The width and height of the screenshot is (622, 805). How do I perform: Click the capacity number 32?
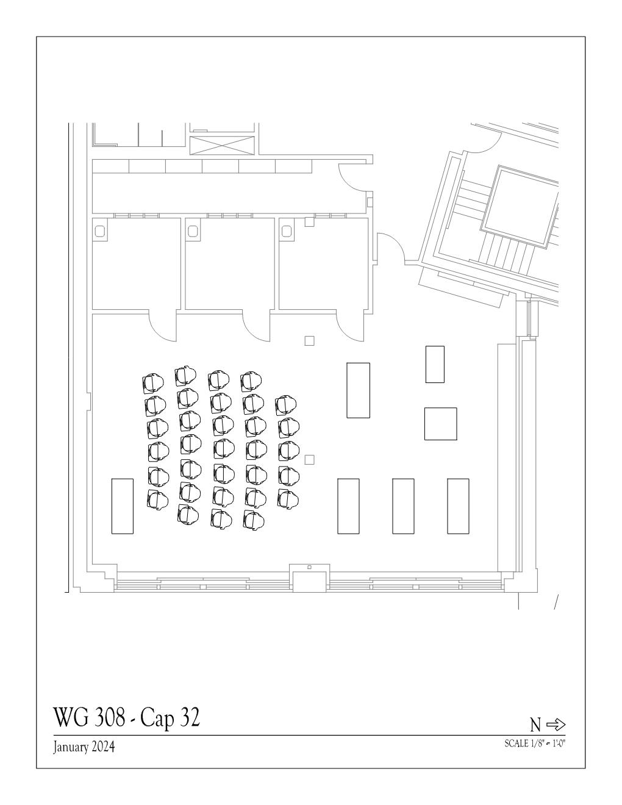click(x=190, y=717)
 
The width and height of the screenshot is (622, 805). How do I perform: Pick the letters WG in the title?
click(x=71, y=717)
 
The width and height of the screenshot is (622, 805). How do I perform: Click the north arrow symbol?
click(x=556, y=724)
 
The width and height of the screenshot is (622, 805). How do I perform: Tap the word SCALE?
click(x=517, y=743)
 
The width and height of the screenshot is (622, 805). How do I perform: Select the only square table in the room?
click(x=440, y=424)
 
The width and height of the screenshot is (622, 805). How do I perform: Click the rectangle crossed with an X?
click(x=223, y=145)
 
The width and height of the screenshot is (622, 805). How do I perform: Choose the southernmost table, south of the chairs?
click(x=122, y=506)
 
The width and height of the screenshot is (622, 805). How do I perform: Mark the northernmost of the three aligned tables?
click(x=458, y=506)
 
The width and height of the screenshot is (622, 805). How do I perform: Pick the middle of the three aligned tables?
click(x=403, y=506)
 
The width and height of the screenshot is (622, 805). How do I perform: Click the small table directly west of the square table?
click(x=435, y=364)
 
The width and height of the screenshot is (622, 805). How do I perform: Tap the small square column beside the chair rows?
click(x=309, y=460)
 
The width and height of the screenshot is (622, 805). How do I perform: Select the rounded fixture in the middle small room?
click(x=193, y=232)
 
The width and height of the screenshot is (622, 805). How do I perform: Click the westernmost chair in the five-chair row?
click(x=285, y=406)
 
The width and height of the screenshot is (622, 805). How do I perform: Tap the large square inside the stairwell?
click(x=520, y=207)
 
